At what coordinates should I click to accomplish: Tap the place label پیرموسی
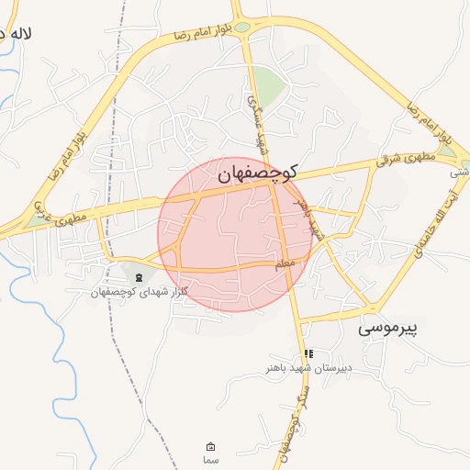[x=387, y=327]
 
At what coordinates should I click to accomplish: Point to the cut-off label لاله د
[x=17, y=35]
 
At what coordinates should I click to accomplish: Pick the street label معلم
[x=285, y=264]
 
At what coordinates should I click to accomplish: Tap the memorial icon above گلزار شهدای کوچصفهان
[x=139, y=277]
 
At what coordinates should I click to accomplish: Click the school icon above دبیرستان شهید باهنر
[x=308, y=353]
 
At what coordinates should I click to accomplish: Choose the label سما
[x=210, y=459]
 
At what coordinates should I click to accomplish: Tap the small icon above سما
[x=210, y=446]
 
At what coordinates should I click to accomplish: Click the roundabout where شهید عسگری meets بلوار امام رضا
[x=243, y=27]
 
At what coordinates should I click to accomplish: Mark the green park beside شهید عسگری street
[x=268, y=86]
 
